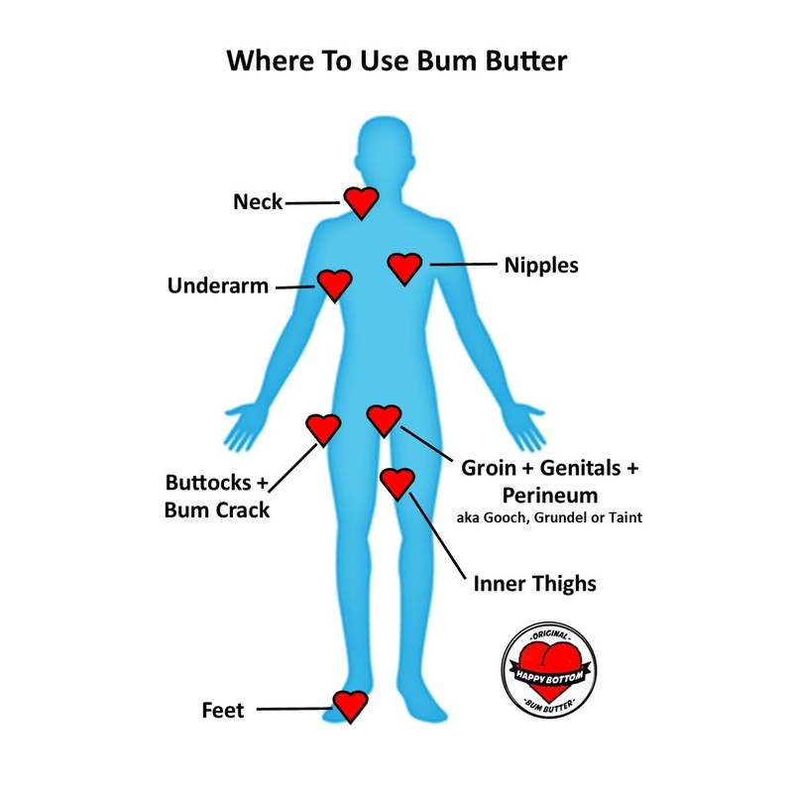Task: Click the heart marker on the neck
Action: tap(361, 201)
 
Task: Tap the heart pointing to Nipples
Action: tap(404, 267)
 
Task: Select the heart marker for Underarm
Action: tap(335, 284)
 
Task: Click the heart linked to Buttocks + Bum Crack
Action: tap(322, 428)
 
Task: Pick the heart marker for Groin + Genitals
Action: tap(384, 419)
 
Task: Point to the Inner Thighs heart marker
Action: tap(396, 483)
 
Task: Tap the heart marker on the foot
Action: tap(350, 705)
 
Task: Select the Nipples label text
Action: tap(541, 266)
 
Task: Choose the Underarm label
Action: tap(218, 286)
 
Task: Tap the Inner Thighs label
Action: tap(534, 583)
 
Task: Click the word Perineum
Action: tap(549, 493)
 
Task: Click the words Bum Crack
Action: tap(217, 510)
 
